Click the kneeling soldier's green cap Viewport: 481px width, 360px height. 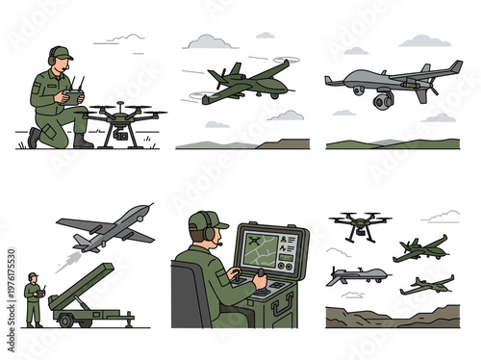[x=61, y=52]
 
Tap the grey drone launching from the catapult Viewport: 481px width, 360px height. [x=106, y=227]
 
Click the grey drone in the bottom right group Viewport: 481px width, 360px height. [x=359, y=276]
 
